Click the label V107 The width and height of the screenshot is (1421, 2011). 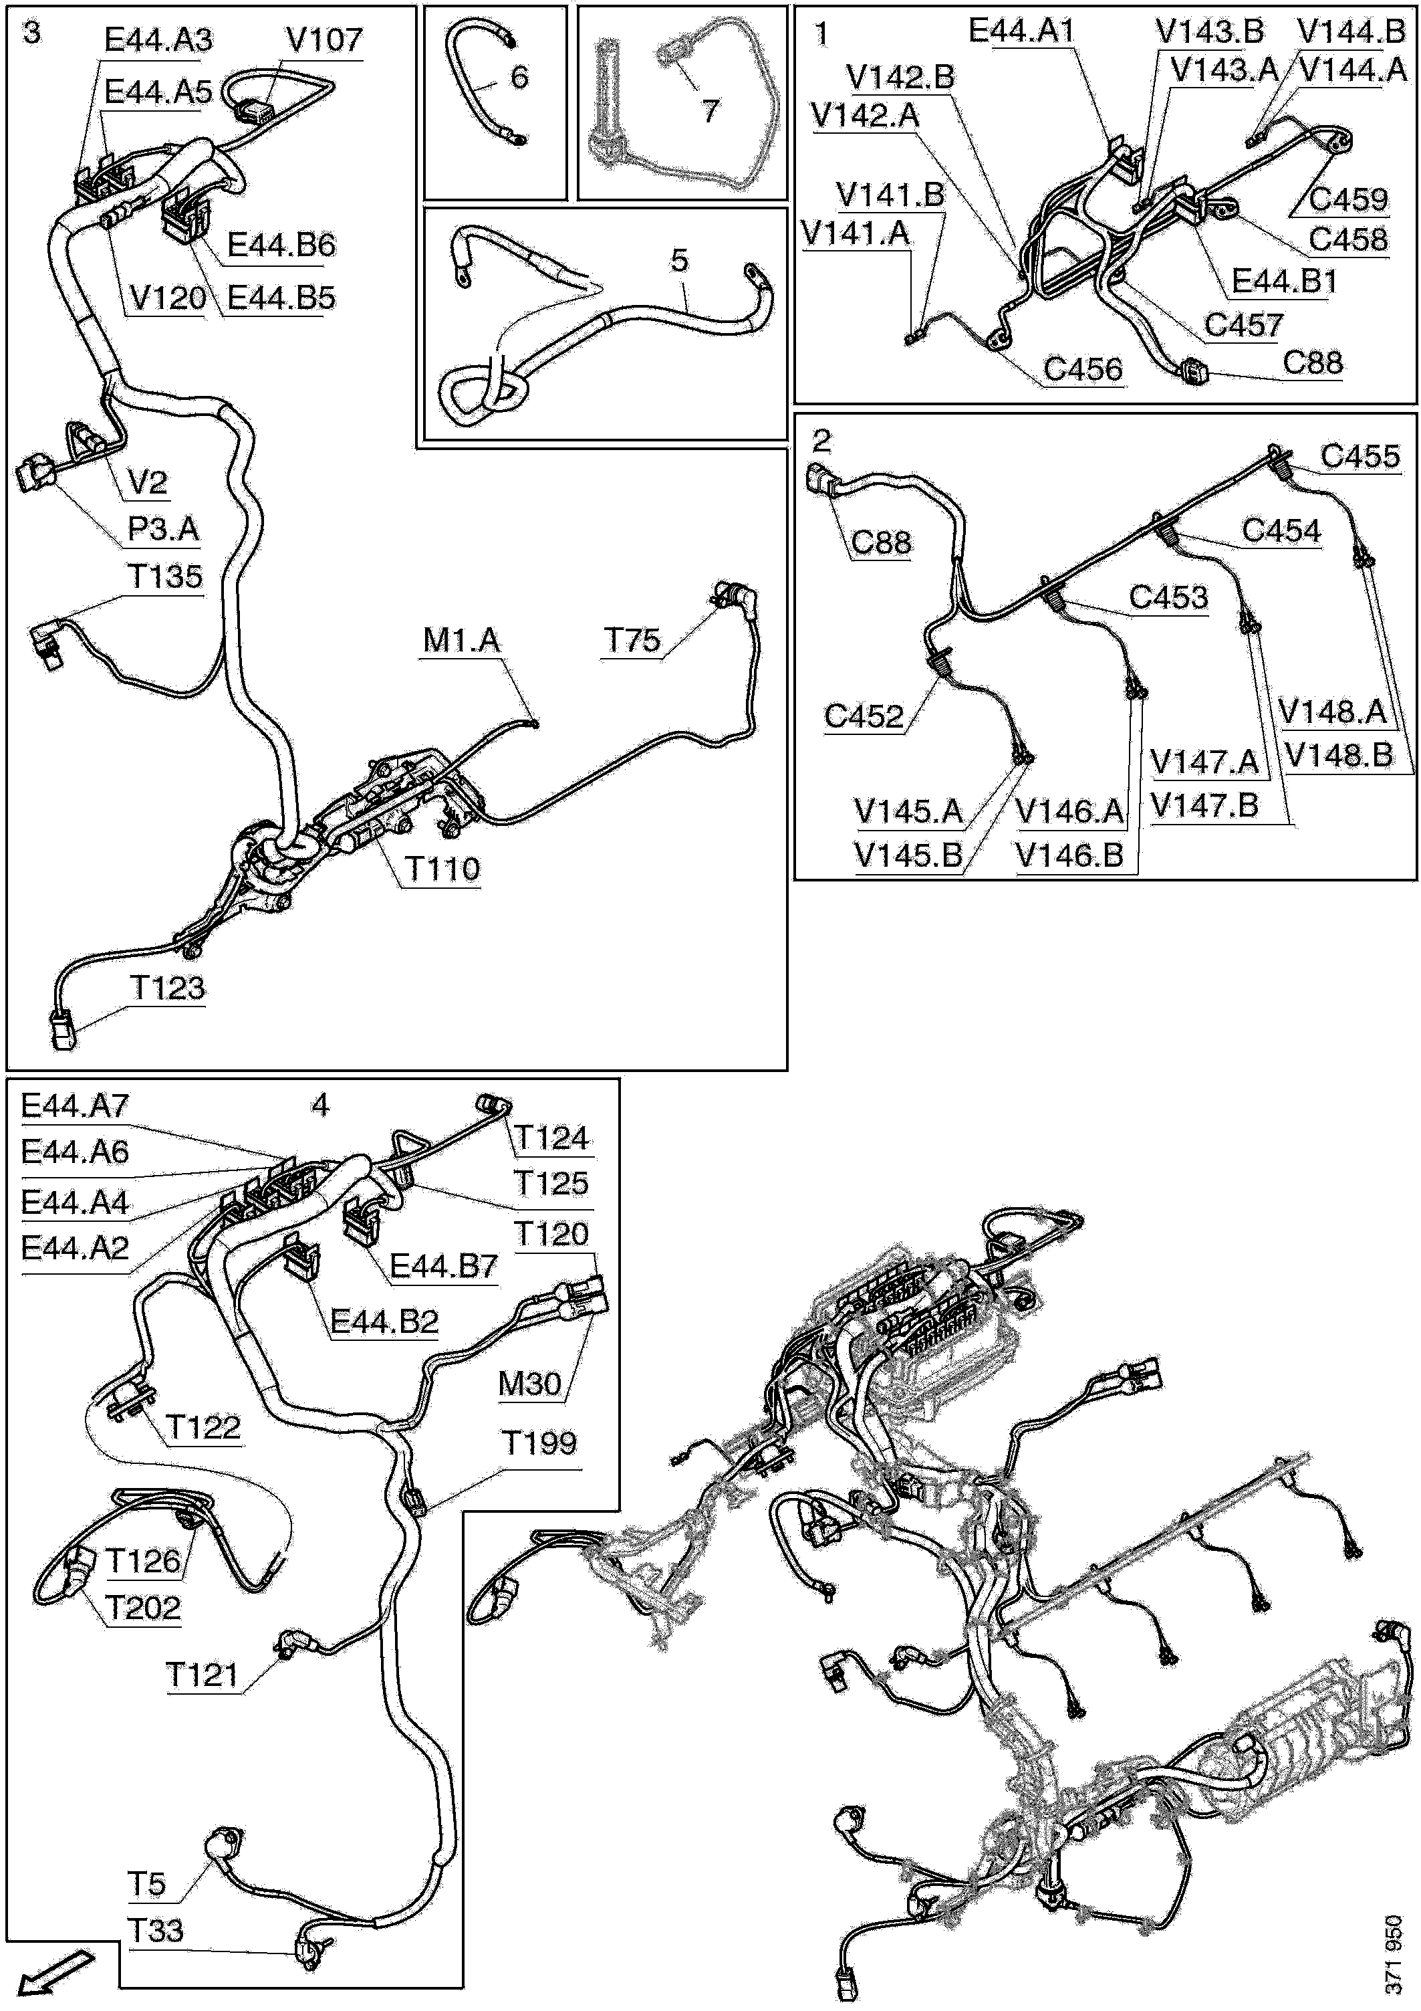[324, 39]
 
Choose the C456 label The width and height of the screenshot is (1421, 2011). [1083, 370]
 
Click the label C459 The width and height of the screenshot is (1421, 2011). [1348, 200]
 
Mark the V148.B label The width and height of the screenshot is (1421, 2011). [1339, 755]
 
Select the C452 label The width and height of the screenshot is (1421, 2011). [864, 716]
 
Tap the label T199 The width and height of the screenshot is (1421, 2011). [539, 1443]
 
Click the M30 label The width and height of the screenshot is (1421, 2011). [529, 1384]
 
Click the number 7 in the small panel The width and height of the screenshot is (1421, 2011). [710, 110]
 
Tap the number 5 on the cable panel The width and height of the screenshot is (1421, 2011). [679, 260]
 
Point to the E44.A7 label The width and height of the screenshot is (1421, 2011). [74, 1105]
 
